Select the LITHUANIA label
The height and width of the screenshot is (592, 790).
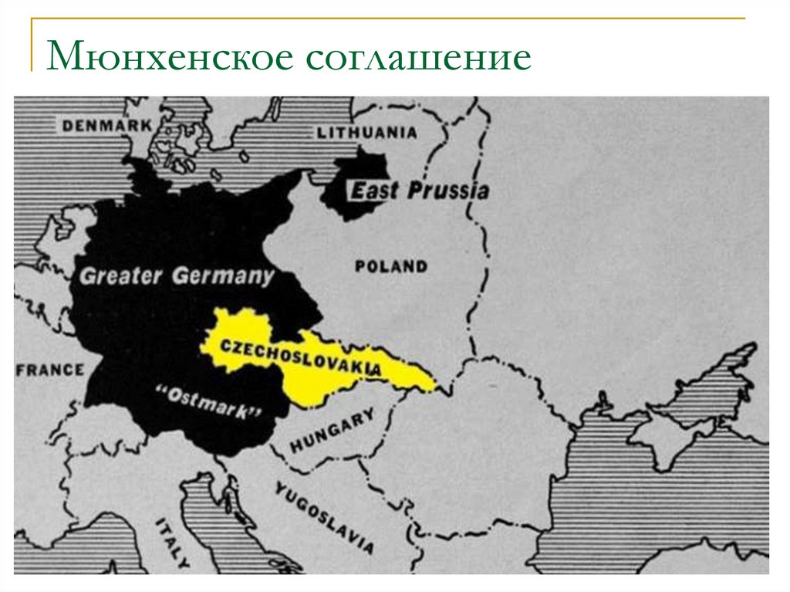[366, 132]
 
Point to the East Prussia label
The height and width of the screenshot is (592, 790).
[420, 190]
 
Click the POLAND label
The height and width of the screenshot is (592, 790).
[390, 267]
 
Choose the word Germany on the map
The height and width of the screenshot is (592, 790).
[224, 276]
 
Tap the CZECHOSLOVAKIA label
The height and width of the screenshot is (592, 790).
[302, 356]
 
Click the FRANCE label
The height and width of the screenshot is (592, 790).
[50, 370]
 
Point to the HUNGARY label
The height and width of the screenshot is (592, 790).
[333, 432]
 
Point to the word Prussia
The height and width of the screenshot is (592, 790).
[448, 190]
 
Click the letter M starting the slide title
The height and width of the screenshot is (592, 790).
[64, 59]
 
